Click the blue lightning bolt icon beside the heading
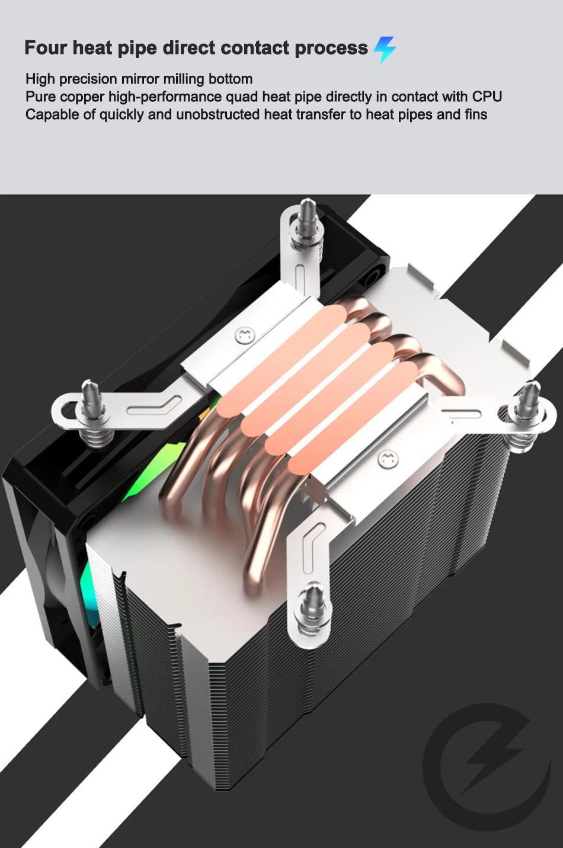[x=385, y=50]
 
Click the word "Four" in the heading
[x=46, y=47]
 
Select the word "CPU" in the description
[x=487, y=97]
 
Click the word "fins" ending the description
[x=476, y=114]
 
